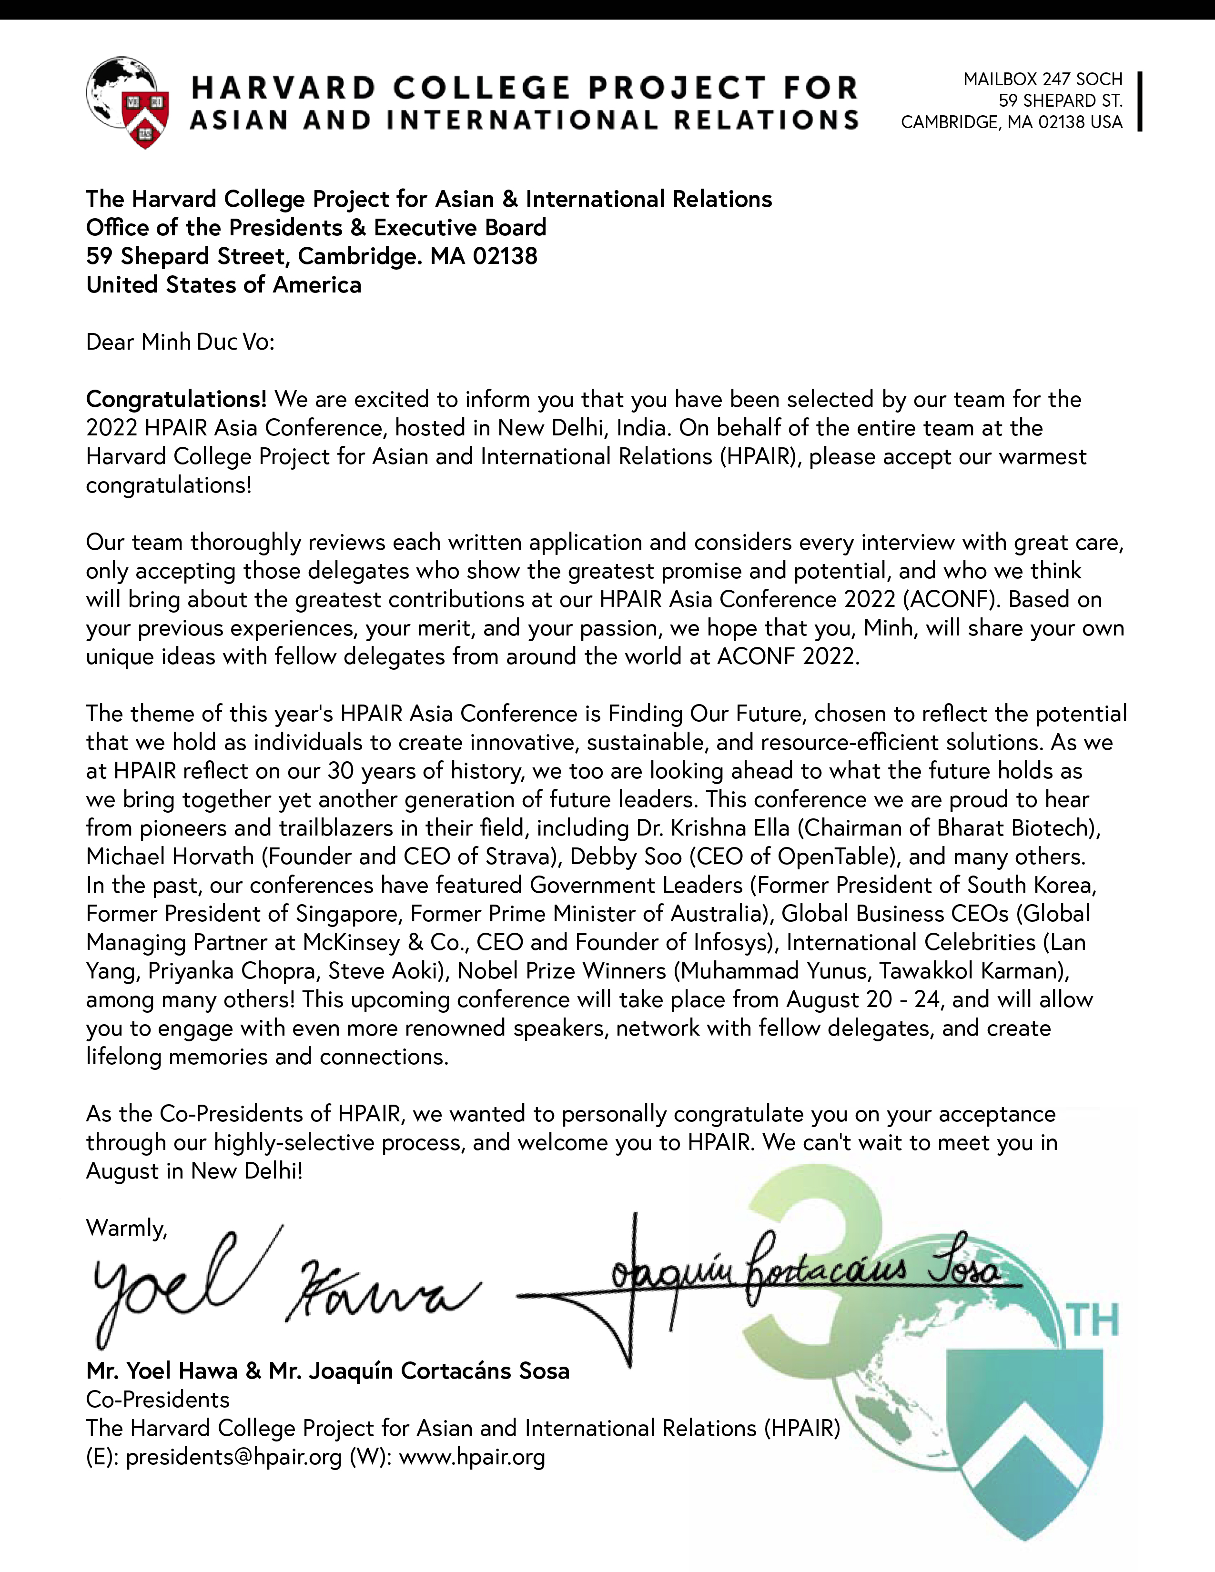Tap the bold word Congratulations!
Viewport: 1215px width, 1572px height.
click(176, 399)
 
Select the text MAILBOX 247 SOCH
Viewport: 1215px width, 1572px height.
click(1043, 79)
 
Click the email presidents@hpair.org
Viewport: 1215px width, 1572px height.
click(233, 1457)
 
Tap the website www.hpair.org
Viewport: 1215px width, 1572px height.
click(472, 1457)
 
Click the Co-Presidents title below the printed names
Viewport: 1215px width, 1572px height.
click(158, 1399)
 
